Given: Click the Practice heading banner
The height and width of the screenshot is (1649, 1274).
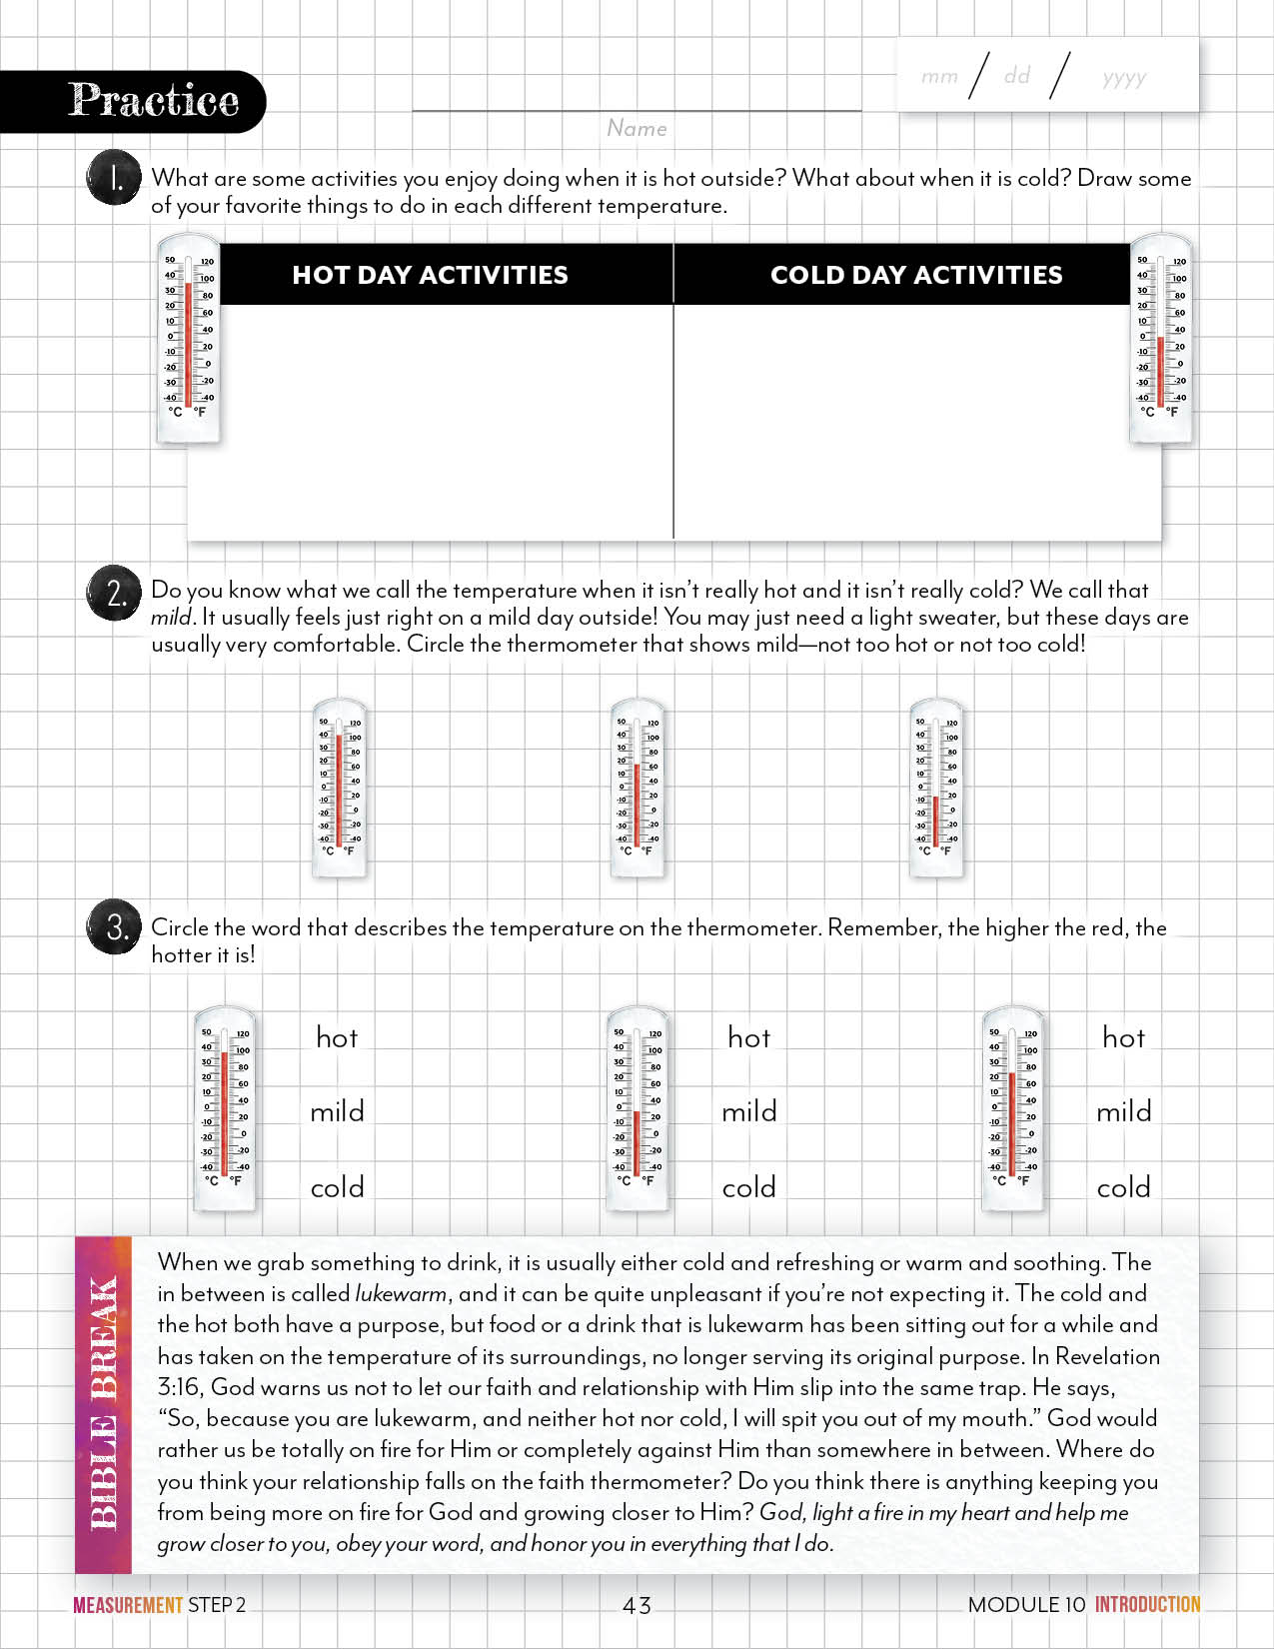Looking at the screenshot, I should pos(152,101).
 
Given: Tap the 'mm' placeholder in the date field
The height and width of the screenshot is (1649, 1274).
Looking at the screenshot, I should pos(939,76).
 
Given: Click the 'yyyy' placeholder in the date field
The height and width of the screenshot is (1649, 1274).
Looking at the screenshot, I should pos(1124,77).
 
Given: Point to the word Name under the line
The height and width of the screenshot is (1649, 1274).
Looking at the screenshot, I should pos(637,128).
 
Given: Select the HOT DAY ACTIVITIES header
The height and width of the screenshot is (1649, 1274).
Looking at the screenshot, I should pos(430,275).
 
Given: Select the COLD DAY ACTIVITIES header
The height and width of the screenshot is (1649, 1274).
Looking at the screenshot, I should pos(916,275).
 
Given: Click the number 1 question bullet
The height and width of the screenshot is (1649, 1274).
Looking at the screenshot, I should pos(115,179).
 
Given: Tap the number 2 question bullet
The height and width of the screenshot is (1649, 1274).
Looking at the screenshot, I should pos(115,592).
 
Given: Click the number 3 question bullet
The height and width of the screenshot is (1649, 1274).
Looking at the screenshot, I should pos(115,928).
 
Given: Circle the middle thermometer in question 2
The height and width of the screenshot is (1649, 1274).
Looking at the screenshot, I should pos(637,788).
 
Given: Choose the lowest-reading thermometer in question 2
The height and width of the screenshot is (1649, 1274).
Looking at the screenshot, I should pos(936,788).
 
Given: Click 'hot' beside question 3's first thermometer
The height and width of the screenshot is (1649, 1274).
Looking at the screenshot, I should pos(337,1037).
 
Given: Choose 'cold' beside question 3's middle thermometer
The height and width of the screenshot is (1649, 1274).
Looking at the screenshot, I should pos(748,1187).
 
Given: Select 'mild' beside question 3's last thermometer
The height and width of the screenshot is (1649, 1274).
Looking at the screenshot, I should pos(1123,1111).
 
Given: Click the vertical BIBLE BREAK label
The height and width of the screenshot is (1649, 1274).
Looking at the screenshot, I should pos(103,1404).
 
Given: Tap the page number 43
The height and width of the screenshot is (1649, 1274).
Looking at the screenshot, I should pos(637,1605).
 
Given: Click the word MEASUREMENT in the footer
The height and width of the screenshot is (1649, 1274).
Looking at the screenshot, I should pos(128,1605).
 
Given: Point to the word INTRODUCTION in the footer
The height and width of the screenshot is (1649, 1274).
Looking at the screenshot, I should pos(1147,1604).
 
